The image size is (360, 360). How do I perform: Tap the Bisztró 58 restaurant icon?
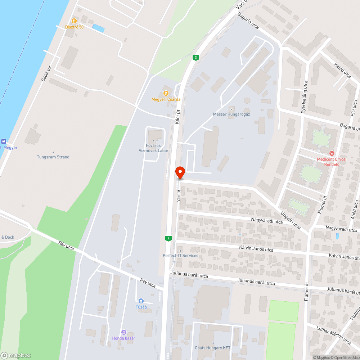[x=74, y=21]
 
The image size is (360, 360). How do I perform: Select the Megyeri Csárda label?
[x=166, y=99]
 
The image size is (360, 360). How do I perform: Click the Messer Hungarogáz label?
[x=231, y=114]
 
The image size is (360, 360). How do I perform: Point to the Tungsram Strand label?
[x=53, y=157]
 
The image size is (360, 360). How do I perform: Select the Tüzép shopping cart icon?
[x=141, y=301]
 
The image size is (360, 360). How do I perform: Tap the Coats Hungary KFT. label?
[x=213, y=348]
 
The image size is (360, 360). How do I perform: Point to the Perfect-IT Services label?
[x=180, y=256]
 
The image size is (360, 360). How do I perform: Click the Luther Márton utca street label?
[x=333, y=334]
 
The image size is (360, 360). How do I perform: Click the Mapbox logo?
[x=16, y=355]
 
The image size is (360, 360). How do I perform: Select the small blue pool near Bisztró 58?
[x=98, y=28]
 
